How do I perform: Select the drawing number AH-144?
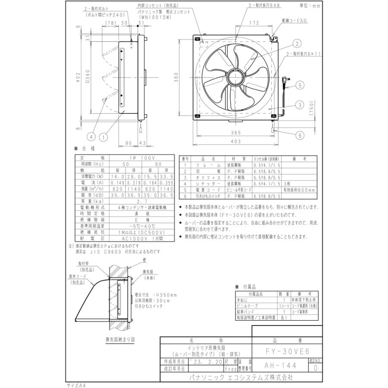pyautogui.click(x=280, y=365)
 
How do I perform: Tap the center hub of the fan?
pyautogui.click(x=236, y=77)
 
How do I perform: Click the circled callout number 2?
pyautogui.click(x=297, y=43)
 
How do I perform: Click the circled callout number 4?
pyautogui.click(x=90, y=137)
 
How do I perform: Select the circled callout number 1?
pyautogui.click(x=103, y=137)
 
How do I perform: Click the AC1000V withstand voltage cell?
pyautogui.click(x=137, y=237)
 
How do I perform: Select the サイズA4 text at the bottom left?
pyautogui.click(x=76, y=383)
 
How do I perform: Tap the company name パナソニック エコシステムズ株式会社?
pyautogui.click(x=241, y=377)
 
